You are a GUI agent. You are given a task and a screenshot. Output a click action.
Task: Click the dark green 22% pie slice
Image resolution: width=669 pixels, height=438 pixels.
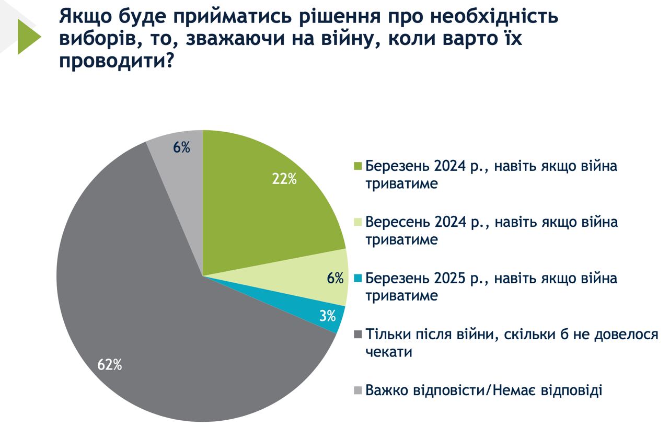pos(261,209)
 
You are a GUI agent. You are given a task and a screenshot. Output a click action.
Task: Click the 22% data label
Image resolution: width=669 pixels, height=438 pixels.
pos(284,179)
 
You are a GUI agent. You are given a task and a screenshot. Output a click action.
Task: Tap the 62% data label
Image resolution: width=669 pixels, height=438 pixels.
pos(110,364)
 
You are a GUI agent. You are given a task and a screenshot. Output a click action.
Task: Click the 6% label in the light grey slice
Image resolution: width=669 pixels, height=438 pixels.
pos(181,148)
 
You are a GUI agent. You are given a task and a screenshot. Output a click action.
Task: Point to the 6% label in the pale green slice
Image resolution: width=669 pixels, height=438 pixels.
pos(335,278)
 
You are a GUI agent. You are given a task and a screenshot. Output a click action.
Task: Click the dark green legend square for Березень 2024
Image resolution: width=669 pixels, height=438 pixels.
pos(358,166)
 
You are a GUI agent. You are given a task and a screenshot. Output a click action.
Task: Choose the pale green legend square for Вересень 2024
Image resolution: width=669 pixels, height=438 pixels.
pos(358,223)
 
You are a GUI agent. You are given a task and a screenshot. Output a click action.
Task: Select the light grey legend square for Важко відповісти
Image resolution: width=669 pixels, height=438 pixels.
pos(358,390)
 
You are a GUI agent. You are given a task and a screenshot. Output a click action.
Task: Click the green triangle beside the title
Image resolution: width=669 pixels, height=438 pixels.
pos(29,37)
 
